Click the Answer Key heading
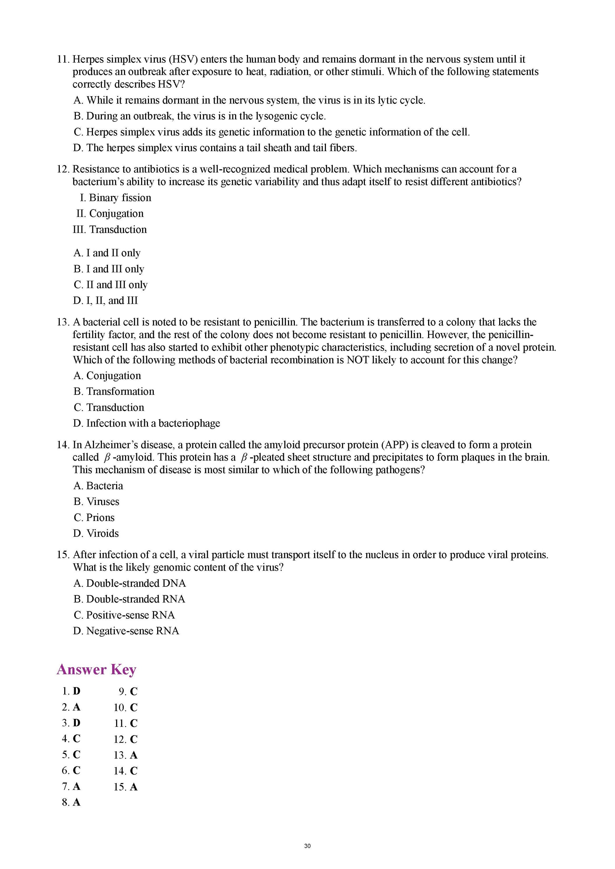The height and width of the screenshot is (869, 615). (96, 669)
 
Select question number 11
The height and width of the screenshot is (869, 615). (63, 59)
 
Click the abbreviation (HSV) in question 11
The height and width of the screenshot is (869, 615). (183, 59)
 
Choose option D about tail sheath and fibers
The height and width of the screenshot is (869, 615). (215, 148)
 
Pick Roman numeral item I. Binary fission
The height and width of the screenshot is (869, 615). (115, 198)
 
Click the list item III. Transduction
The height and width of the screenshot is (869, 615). (110, 229)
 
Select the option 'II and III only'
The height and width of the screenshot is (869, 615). (111, 285)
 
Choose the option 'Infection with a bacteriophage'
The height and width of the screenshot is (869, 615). (147, 423)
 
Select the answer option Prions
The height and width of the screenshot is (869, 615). (94, 517)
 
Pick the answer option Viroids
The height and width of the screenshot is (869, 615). (96, 533)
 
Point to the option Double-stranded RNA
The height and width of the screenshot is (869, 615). (129, 599)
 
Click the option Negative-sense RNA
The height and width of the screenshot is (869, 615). (126, 631)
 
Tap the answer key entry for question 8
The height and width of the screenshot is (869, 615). (71, 802)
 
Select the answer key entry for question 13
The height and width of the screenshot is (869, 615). (125, 755)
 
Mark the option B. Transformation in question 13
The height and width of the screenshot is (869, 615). (114, 391)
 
